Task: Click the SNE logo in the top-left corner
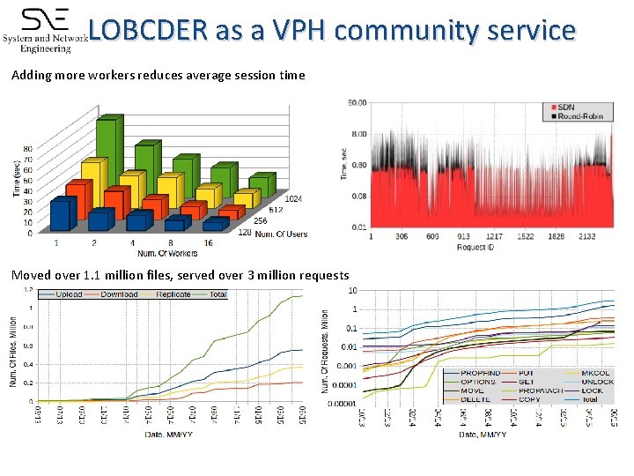tap(44, 28)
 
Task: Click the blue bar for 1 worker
tap(62, 216)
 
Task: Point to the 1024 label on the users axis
tap(293, 199)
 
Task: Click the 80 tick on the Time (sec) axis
tap(28, 149)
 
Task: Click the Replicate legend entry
tap(173, 294)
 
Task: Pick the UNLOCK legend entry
tap(598, 382)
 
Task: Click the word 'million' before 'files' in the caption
tap(149, 275)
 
